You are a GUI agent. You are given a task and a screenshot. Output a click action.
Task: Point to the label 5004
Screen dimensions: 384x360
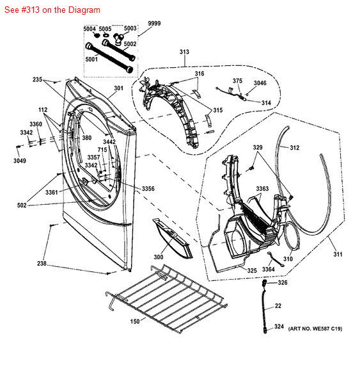[x=90, y=29]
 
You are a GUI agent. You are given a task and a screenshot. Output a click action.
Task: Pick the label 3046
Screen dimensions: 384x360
[x=260, y=83]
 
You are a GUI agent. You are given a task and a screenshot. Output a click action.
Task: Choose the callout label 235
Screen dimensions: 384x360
[x=38, y=80]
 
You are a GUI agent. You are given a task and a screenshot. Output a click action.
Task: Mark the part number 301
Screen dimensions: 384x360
[x=119, y=88]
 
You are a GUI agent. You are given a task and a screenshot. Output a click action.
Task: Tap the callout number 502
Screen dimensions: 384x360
[x=22, y=205]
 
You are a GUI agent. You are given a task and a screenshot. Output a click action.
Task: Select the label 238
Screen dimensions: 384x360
[x=42, y=264]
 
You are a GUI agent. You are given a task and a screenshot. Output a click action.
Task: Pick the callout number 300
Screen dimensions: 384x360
[x=159, y=257]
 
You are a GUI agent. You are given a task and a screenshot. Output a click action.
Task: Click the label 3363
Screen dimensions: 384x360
[x=262, y=189]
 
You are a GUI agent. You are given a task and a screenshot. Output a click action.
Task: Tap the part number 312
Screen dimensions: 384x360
[x=294, y=148]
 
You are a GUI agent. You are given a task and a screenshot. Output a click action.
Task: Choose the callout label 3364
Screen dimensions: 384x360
[x=269, y=269]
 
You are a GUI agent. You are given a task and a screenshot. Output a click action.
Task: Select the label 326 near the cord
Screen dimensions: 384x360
[x=283, y=282]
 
